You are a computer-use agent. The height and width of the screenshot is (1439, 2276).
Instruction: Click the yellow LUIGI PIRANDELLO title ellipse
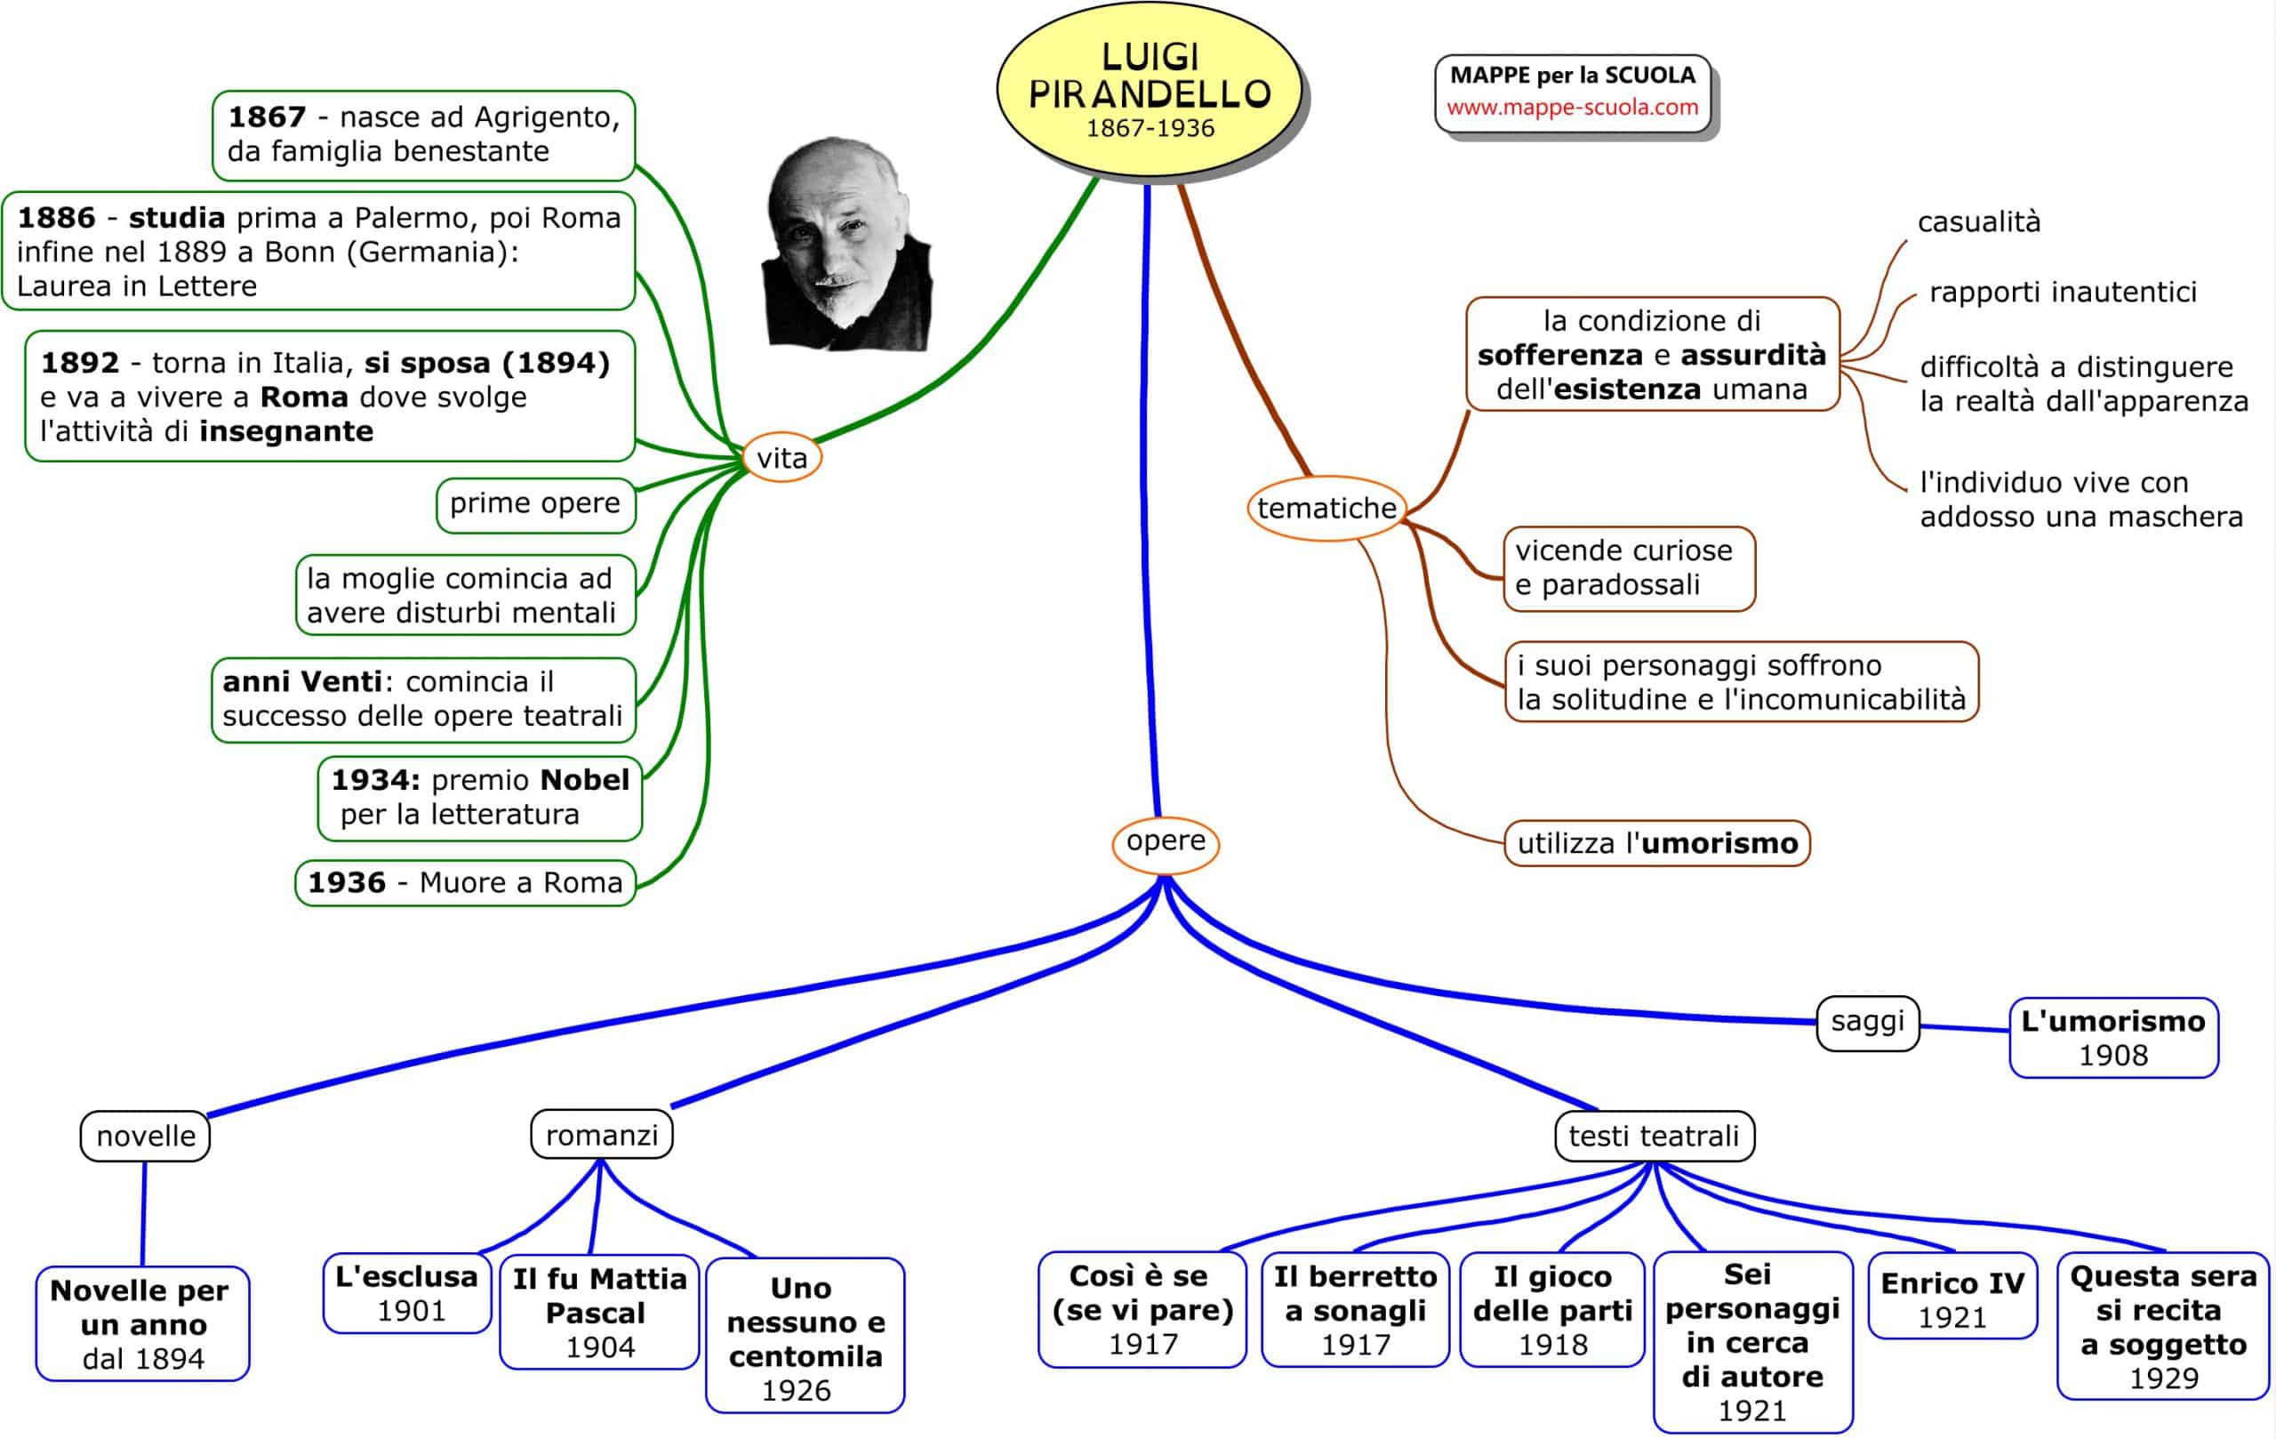coord(1149,90)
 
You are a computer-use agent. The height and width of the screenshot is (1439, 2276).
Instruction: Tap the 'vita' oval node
coord(781,458)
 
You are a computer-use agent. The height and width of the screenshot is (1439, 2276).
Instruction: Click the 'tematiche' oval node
coord(1326,508)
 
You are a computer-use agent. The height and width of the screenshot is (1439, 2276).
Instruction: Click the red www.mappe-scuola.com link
coord(1572,107)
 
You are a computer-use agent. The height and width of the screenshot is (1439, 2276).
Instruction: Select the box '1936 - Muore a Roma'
coord(465,882)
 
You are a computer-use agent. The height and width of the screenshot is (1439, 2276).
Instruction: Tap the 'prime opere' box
coord(535,504)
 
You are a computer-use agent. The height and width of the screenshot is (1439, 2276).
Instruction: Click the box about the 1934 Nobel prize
coord(479,797)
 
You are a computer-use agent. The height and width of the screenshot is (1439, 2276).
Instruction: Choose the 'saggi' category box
coord(1867,1021)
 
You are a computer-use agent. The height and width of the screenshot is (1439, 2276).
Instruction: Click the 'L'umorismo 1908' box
coord(2112,1037)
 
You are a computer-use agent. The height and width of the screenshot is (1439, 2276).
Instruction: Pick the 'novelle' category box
coord(146,1136)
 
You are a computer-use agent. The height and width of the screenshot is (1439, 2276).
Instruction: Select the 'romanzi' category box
coord(601,1135)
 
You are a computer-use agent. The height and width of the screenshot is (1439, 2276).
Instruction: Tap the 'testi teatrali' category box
coord(1653,1136)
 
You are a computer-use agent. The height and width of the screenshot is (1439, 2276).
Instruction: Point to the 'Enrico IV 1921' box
coord(1951,1298)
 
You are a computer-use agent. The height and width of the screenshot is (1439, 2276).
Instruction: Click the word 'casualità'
coord(1978,222)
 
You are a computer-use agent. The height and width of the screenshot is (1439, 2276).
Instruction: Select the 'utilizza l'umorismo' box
coord(1656,842)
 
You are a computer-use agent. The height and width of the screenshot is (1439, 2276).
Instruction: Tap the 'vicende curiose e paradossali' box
coord(1628,568)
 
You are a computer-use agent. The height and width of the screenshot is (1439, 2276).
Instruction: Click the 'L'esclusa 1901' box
coord(407,1292)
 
